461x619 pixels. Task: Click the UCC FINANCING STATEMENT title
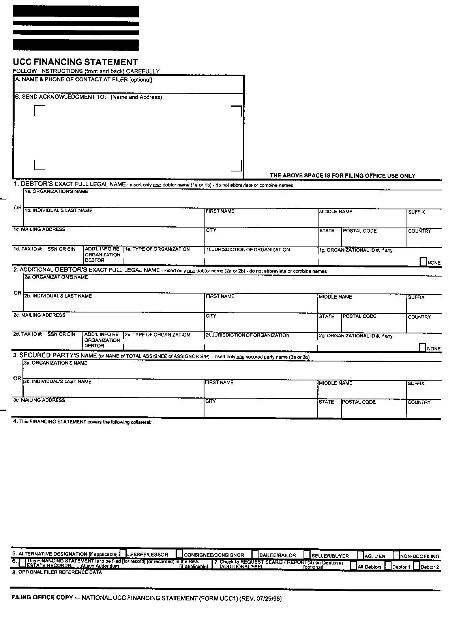[x=75, y=62]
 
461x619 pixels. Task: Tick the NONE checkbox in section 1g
[x=423, y=262]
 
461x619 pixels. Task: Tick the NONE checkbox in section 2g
[x=422, y=348]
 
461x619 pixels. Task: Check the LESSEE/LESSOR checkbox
[x=123, y=554]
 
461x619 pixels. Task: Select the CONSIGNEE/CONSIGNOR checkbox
[x=180, y=554]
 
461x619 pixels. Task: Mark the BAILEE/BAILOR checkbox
[x=255, y=554]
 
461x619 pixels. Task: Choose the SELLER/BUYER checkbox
[x=307, y=555]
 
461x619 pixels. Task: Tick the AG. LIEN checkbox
[x=360, y=555]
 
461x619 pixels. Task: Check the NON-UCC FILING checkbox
[x=396, y=555]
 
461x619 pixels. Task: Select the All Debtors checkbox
[x=353, y=566]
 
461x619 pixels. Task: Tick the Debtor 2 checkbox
[x=416, y=566]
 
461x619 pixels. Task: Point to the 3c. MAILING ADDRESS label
[x=39, y=400]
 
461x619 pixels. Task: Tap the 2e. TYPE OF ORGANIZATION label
[x=157, y=335]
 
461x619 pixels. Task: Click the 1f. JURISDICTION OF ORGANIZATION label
[x=247, y=250]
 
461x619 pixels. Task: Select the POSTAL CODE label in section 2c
[x=360, y=316]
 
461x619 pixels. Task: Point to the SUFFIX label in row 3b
[x=416, y=383]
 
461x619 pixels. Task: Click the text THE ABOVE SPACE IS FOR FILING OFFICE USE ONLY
[x=342, y=176]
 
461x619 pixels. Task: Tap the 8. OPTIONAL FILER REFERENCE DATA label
[x=57, y=572]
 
